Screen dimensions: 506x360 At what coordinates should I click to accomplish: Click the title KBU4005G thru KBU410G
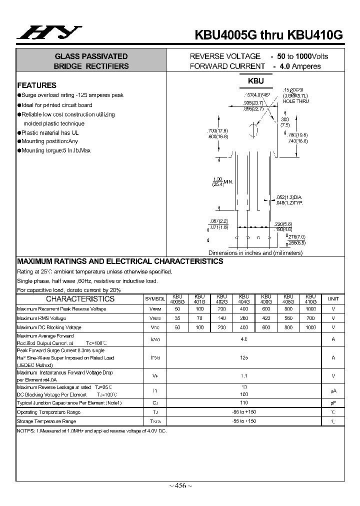pos(268,35)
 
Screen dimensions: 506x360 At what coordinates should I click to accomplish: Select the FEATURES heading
pos(36,85)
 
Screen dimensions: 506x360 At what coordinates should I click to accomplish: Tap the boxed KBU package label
pos(255,81)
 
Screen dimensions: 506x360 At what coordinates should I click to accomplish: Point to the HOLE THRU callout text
pos(295,101)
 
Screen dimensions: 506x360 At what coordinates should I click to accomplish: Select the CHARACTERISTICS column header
pos(80,299)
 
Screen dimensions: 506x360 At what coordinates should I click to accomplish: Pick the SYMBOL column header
pos(155,299)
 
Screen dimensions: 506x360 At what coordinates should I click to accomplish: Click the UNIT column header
pos(333,299)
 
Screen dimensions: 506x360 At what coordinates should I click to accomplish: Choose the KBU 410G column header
pos(310,299)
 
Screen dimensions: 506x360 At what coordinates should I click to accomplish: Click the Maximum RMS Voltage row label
pos(41,318)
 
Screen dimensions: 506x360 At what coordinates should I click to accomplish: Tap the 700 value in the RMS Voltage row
pos(310,318)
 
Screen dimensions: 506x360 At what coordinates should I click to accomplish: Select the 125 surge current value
pos(244,357)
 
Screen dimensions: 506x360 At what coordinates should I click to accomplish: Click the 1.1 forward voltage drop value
pos(244,375)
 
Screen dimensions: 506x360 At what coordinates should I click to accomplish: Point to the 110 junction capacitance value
pos(244,402)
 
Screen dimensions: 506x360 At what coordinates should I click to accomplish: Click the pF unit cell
pos(333,402)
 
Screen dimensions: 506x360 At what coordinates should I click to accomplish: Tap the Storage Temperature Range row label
pos(46,421)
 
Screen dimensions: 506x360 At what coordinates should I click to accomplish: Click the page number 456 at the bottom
pos(180,485)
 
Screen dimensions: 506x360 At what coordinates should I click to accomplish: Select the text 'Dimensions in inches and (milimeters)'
pos(255,253)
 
